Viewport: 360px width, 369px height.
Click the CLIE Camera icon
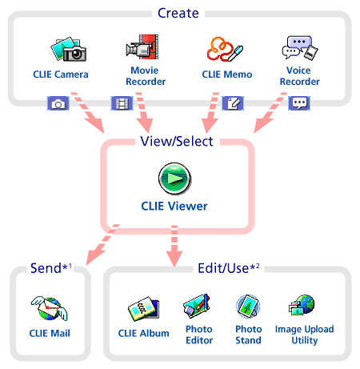coord(69,49)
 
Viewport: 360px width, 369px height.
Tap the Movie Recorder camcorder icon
coord(142,46)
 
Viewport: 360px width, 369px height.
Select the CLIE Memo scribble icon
coord(225,49)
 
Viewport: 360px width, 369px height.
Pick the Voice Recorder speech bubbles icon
coord(300,47)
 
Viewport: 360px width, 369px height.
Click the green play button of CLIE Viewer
coord(174,178)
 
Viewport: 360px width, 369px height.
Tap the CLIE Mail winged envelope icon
coord(50,309)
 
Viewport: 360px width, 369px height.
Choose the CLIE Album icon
coord(143,309)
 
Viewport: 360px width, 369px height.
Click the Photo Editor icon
coord(197,306)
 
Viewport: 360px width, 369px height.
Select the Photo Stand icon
coord(248,307)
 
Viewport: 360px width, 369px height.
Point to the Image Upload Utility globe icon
coord(302,305)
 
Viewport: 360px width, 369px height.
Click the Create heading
coord(178,13)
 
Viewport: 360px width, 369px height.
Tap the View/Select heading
coord(177,141)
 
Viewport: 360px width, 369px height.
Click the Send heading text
coord(46,268)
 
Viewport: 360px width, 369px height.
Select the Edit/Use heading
coord(223,268)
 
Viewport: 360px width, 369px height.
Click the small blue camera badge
coord(58,103)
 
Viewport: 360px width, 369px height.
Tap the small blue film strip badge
coord(122,103)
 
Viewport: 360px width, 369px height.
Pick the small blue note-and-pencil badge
coord(233,103)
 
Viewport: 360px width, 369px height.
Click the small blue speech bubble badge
coord(299,103)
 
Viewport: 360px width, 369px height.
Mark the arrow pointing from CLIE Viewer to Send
coord(102,244)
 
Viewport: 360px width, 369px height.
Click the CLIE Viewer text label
coord(174,207)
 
